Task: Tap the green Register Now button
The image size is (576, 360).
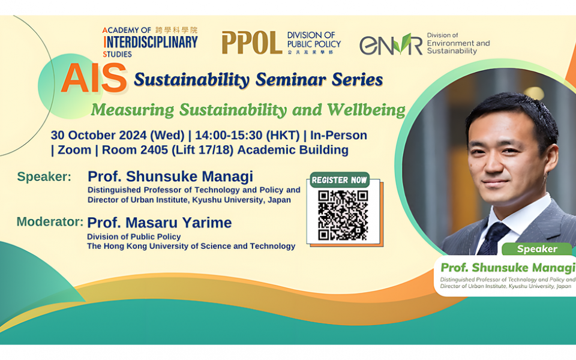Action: tap(339, 180)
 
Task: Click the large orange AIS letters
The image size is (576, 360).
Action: tap(94, 78)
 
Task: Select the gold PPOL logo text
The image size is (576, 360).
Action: tap(251, 43)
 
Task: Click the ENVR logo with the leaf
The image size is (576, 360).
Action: tap(391, 44)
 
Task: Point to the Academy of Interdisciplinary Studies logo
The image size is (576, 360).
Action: tap(149, 41)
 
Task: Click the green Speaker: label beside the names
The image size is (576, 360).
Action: tap(44, 176)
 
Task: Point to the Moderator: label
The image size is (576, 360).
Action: tap(50, 221)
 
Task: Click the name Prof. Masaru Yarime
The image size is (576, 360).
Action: tap(160, 223)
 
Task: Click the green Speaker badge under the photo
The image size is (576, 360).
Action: tap(537, 248)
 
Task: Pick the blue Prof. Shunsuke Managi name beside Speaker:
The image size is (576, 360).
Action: tap(170, 176)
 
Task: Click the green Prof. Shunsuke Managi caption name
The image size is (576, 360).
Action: tap(508, 267)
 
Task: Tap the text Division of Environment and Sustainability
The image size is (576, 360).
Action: tap(458, 44)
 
